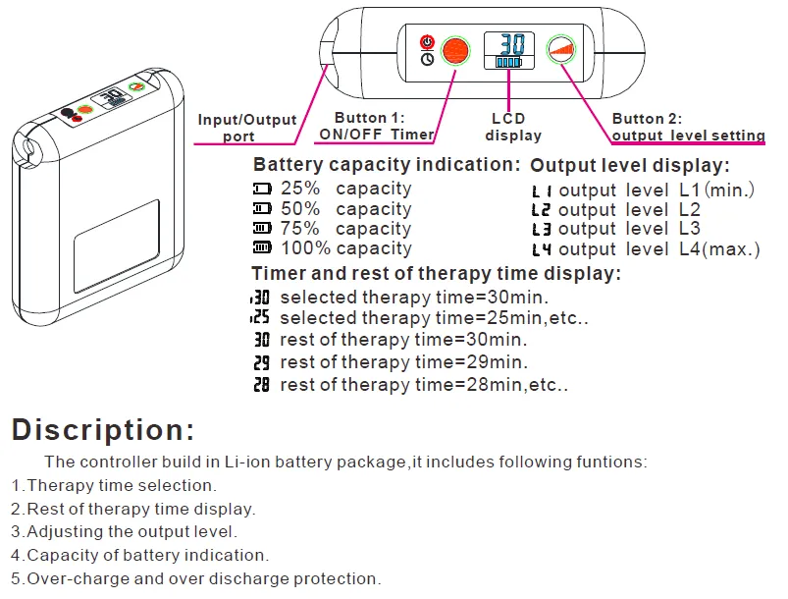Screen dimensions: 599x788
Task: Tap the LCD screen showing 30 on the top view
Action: pos(508,50)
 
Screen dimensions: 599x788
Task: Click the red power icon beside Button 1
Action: pos(427,41)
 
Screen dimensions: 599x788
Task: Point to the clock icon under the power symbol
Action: pos(427,59)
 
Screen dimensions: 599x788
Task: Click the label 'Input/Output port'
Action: pos(246,128)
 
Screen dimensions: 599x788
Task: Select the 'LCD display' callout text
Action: pos(513,128)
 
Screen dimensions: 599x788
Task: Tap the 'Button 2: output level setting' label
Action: pos(688,128)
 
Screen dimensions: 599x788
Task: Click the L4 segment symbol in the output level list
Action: pos(542,250)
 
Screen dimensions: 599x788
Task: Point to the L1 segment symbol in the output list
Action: pos(542,191)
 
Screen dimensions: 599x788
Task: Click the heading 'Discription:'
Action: pos(103,430)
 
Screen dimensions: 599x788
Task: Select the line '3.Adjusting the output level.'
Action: pos(124,532)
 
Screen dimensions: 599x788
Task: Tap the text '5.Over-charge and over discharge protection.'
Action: pos(196,579)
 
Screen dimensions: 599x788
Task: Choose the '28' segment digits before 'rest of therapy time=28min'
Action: pos(262,385)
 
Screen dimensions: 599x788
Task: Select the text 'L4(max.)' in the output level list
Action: pos(719,249)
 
